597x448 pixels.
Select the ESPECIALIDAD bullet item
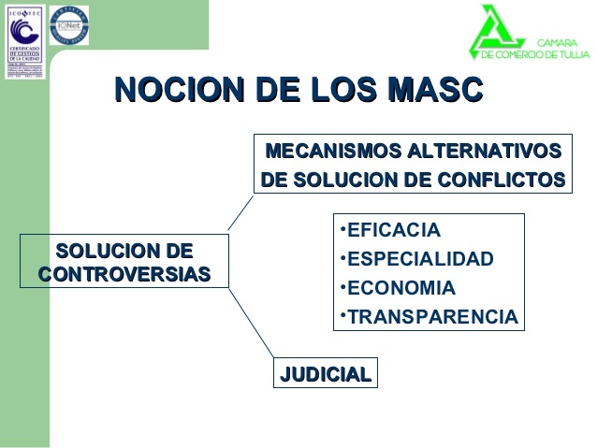(415, 259)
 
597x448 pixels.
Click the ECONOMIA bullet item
(397, 288)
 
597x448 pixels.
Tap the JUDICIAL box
(326, 374)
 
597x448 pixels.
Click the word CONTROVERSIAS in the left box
(124, 274)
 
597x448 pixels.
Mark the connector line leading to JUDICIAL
(251, 323)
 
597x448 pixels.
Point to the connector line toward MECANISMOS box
(240, 212)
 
